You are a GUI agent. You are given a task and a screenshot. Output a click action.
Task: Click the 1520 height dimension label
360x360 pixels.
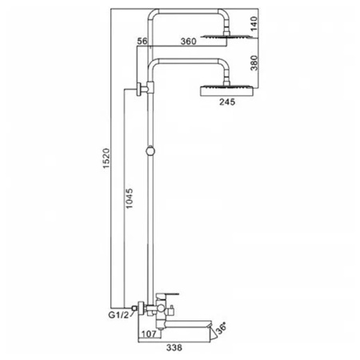pyautogui.click(x=106, y=158)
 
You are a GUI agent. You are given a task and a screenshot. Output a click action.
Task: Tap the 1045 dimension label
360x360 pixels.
pyautogui.click(x=129, y=198)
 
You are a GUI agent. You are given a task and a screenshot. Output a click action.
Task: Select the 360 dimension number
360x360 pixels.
pyautogui.click(x=189, y=42)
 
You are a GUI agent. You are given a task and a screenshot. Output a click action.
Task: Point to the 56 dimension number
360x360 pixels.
pyautogui.click(x=142, y=41)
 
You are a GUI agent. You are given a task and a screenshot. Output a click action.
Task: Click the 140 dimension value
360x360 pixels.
pyautogui.click(x=254, y=23)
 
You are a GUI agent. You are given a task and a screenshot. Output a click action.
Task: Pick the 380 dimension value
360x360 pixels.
pyautogui.click(x=254, y=63)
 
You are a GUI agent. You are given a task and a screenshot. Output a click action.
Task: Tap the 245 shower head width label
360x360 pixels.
pyautogui.click(x=227, y=102)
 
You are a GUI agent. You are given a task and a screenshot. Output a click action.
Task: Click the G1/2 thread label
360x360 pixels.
pyautogui.click(x=118, y=315)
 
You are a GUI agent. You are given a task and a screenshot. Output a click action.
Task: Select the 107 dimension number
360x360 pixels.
pyautogui.click(x=150, y=334)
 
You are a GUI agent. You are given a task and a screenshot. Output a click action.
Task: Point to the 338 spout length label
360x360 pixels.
pyautogui.click(x=174, y=348)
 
